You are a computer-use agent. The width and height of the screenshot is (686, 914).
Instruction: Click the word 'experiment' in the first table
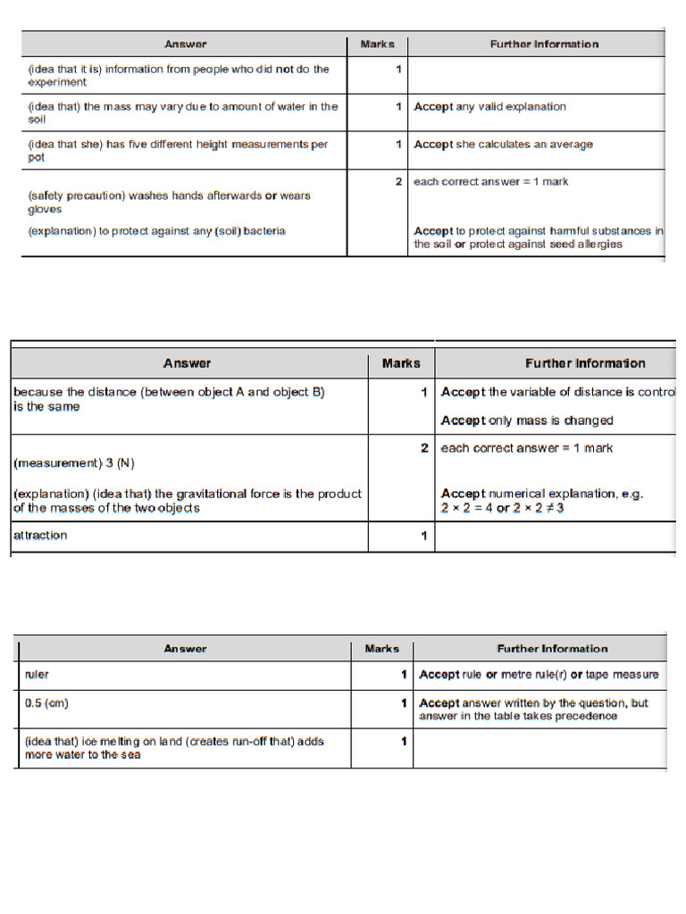[57, 83]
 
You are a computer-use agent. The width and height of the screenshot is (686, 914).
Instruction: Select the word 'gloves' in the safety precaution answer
[45, 210]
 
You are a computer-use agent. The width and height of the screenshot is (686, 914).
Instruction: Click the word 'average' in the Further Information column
[571, 145]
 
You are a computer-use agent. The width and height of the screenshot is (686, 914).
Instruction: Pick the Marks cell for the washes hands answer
[398, 182]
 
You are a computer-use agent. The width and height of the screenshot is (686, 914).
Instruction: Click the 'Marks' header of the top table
[377, 44]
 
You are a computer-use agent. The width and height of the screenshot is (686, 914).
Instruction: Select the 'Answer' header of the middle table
[188, 363]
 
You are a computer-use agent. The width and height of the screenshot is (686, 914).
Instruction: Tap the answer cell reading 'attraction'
[40, 536]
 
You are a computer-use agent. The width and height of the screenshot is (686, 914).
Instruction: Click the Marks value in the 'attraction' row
[423, 536]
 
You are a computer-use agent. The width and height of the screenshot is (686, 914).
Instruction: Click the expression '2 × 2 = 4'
[468, 508]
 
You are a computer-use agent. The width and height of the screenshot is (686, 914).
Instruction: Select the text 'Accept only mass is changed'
[527, 420]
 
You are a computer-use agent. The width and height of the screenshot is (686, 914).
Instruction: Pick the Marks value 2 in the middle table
[424, 448]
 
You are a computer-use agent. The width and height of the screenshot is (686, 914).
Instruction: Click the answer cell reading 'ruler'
[38, 675]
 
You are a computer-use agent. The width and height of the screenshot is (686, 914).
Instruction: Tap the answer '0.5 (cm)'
[47, 703]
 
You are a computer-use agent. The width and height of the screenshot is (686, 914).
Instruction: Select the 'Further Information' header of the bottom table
[552, 649]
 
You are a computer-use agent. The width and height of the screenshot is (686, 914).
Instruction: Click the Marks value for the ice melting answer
[404, 741]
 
